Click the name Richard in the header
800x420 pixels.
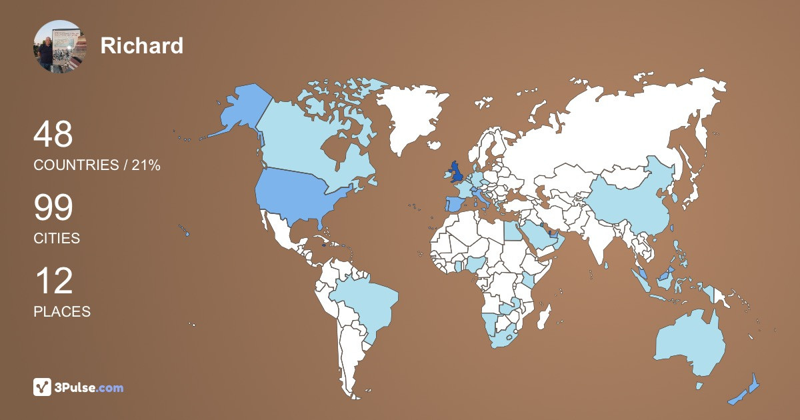point(141,45)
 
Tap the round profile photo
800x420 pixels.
point(60,46)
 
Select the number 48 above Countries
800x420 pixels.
point(53,135)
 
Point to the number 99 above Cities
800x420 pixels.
point(53,208)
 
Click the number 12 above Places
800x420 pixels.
point(53,281)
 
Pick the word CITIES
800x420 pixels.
point(57,238)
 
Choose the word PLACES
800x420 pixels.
point(62,311)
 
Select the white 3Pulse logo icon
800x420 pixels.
point(42,387)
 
